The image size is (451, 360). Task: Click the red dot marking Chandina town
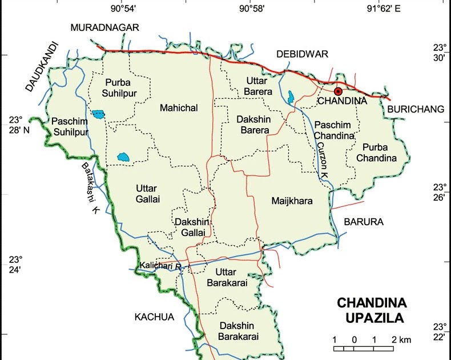[x=338, y=91]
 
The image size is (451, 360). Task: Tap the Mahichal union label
[x=179, y=107]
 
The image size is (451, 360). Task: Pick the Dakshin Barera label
[x=253, y=125]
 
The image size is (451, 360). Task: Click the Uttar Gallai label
[x=148, y=194]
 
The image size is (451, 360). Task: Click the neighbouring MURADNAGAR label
[x=104, y=27]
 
